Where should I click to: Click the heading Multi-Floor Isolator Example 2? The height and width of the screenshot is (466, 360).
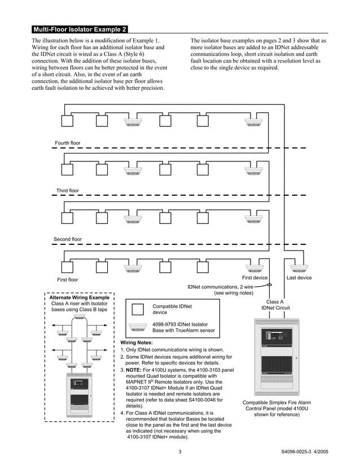point(80,29)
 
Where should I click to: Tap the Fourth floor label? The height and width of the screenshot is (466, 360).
point(68,143)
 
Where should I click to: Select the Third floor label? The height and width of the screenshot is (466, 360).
point(68,191)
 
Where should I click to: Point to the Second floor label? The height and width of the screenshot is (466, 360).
point(68,239)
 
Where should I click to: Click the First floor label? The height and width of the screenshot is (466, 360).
point(68,279)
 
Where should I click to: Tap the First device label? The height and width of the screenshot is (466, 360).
point(254,278)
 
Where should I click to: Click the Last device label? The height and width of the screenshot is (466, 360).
point(299,278)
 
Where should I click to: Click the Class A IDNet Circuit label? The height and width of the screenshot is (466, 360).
point(275,305)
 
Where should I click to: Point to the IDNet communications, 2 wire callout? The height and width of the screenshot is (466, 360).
point(220,290)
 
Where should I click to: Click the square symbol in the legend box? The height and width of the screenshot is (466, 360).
point(138,309)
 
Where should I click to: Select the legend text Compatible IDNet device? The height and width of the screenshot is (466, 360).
point(172,309)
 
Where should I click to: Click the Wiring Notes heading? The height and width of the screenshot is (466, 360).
point(137,342)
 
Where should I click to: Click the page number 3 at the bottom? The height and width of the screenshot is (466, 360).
point(179,451)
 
